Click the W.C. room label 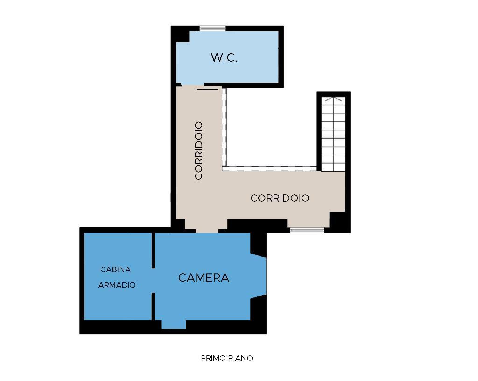(x=224, y=57)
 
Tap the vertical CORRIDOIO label (x=199, y=150)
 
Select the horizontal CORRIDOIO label (x=280, y=198)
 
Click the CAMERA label (x=204, y=277)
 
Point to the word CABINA (x=116, y=269)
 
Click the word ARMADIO (x=117, y=285)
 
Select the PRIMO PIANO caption (x=227, y=358)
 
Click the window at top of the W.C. (x=213, y=28)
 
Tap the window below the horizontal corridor (x=307, y=230)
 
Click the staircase (x=333, y=134)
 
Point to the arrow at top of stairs (x=333, y=99)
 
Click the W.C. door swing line (x=208, y=89)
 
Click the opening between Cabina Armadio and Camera (x=153, y=281)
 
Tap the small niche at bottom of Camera (x=174, y=325)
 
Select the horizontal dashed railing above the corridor (x=269, y=169)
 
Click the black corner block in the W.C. (x=183, y=36)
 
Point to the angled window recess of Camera (x=259, y=276)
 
